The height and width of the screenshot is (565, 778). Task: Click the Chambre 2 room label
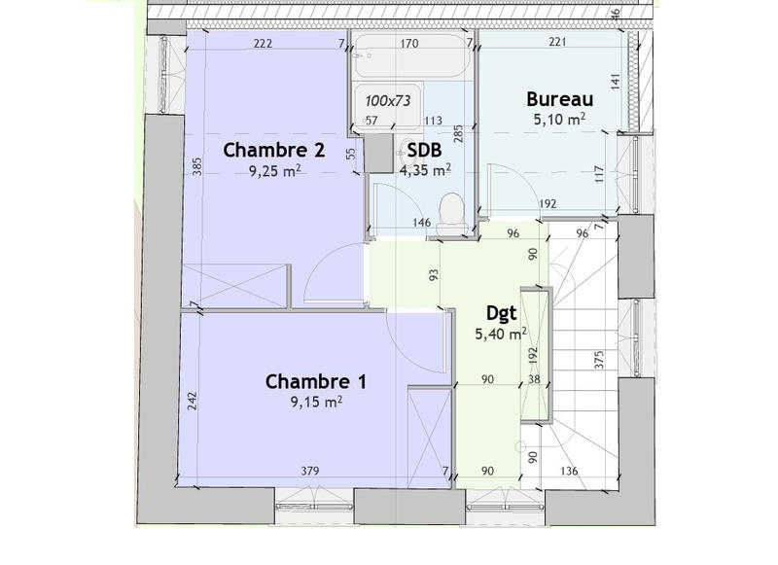tap(273, 150)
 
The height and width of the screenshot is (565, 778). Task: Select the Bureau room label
tap(559, 98)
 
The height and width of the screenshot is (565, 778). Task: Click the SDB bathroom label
tap(425, 151)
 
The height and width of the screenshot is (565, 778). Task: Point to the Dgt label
tap(501, 313)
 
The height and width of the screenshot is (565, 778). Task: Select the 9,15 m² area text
tap(315, 400)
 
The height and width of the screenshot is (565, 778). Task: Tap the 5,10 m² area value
tap(559, 120)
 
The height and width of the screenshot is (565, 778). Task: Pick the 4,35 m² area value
tap(425, 170)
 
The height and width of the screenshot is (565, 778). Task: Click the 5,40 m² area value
tap(500, 334)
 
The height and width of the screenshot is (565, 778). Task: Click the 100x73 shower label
tap(389, 99)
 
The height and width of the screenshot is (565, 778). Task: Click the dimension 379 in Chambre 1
tap(310, 472)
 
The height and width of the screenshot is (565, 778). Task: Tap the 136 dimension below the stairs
tap(571, 472)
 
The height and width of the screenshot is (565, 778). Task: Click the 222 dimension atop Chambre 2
tap(261, 44)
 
